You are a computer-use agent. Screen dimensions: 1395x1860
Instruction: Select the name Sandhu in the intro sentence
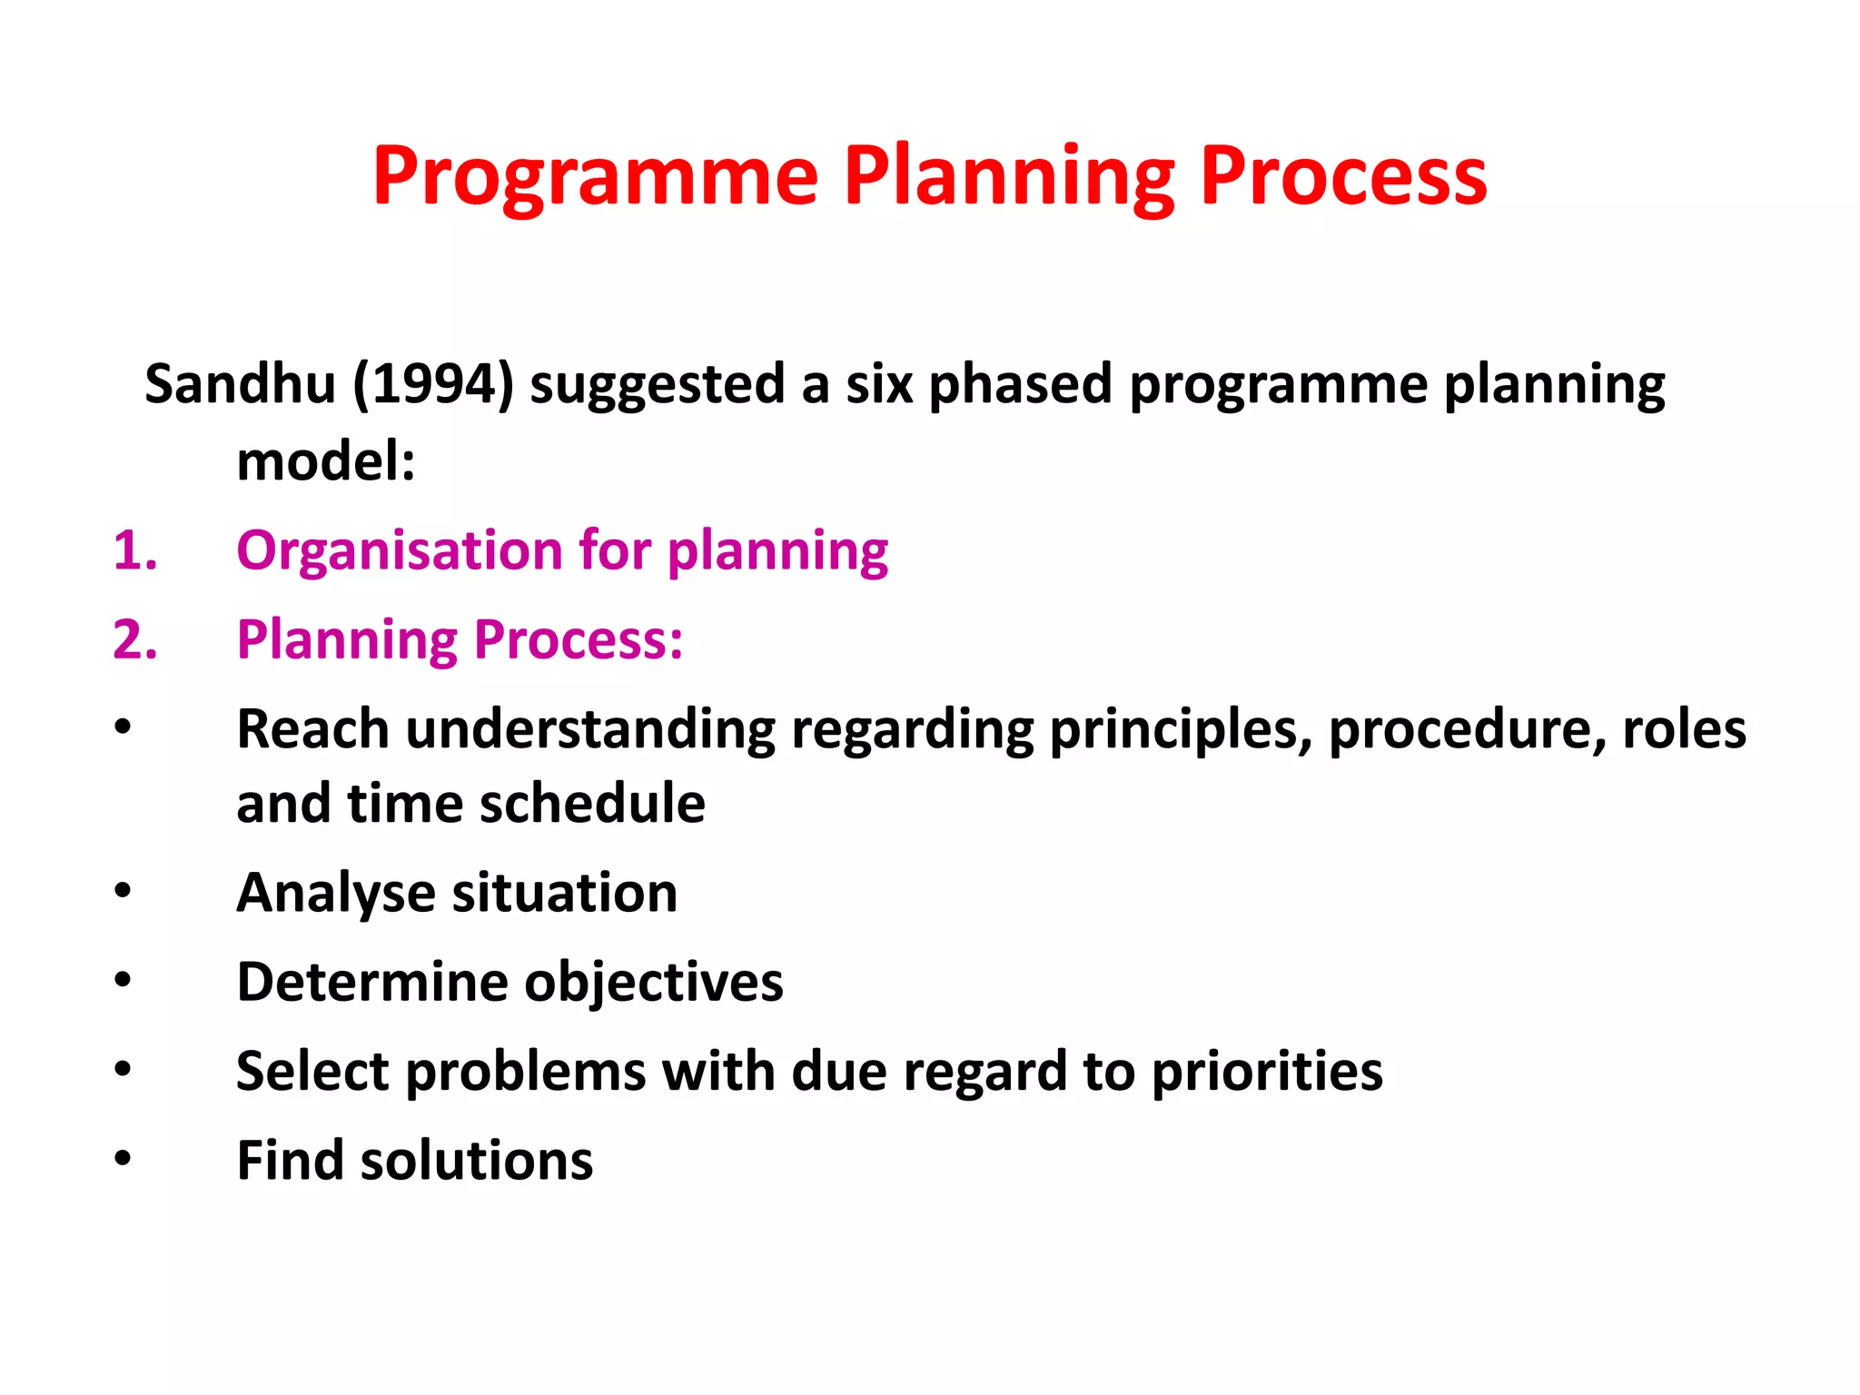[x=240, y=383]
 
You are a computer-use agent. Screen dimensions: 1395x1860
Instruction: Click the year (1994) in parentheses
[x=433, y=383]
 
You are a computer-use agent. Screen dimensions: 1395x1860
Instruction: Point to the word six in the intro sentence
[x=878, y=383]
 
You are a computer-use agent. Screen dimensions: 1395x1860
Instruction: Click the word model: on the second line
[x=325, y=461]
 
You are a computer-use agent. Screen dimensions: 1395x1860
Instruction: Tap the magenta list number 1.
[x=134, y=550]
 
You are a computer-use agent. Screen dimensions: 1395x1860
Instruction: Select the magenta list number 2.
[x=134, y=639]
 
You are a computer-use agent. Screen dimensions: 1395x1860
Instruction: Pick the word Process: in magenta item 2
[x=578, y=639]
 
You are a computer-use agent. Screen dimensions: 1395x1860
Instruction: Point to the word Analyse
[x=335, y=893]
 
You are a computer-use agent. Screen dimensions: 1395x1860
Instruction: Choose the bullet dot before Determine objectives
[x=123, y=980]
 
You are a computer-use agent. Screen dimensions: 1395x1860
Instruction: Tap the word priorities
[x=1267, y=1071]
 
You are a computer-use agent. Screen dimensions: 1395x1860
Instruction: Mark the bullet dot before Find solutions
[x=123, y=1158]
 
